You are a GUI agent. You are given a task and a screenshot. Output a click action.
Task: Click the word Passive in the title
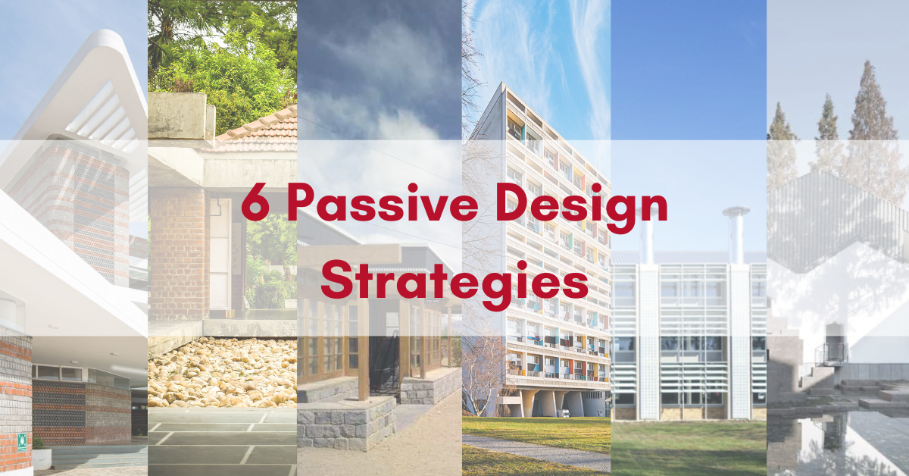(383, 202)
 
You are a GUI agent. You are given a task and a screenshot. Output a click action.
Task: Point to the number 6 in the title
(255, 202)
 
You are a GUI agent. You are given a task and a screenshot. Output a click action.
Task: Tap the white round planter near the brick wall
(42, 458)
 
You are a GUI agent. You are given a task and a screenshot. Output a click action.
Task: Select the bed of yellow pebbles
(222, 371)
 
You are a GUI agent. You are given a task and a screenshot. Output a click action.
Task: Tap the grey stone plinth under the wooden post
(347, 422)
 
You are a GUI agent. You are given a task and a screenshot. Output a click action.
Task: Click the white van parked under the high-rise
(564, 413)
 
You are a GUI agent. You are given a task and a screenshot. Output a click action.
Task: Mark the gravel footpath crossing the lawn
(536, 452)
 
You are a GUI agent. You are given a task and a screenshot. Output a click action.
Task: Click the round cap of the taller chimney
(736, 211)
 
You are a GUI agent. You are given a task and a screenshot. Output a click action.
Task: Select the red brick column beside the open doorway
(179, 254)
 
